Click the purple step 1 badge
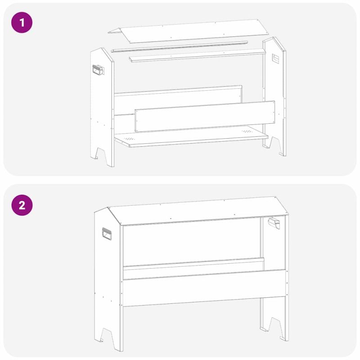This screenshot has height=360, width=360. (x=22, y=23)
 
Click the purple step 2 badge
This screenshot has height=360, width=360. (x=22, y=205)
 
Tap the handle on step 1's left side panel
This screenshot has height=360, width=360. (x=98, y=70)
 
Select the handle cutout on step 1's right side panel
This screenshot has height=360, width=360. (x=275, y=58)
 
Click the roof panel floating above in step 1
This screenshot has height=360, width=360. (x=188, y=31)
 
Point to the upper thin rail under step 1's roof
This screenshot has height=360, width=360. (x=180, y=47)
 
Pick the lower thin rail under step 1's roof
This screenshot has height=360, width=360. (x=198, y=55)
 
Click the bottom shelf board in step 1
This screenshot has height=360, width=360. (x=191, y=137)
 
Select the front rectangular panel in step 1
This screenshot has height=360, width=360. (x=205, y=117)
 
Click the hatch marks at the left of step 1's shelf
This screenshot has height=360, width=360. (x=130, y=139)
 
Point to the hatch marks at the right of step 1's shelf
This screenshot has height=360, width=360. (x=247, y=131)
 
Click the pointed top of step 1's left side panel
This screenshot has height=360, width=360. (x=102, y=48)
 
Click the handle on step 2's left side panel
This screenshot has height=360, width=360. (x=107, y=234)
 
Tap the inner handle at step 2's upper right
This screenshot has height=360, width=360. (x=274, y=223)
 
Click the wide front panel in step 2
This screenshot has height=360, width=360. (x=204, y=288)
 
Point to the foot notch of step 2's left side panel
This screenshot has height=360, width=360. (x=107, y=336)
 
